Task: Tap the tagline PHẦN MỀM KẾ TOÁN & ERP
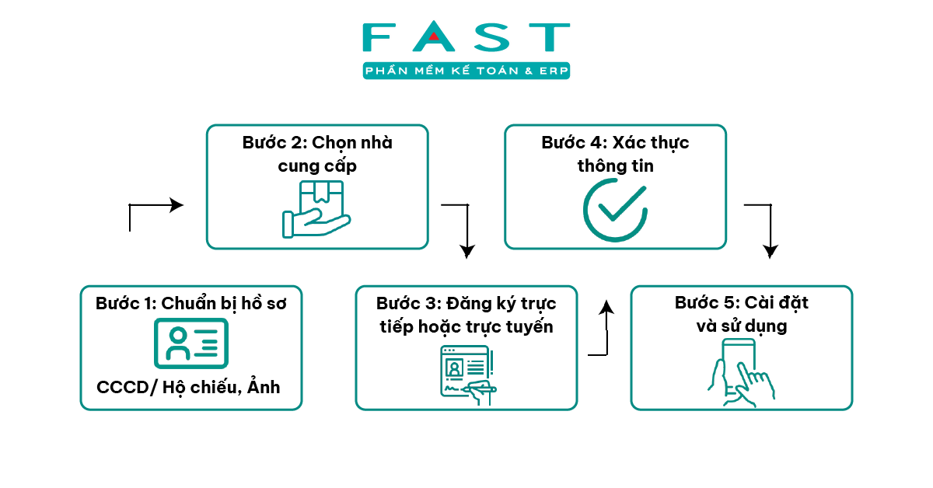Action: [466, 71]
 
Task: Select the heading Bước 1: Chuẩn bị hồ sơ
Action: [191, 303]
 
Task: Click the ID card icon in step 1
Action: [191, 343]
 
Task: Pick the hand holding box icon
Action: [316, 209]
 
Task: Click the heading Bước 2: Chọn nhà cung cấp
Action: [317, 154]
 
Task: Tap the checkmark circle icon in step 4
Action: [615, 210]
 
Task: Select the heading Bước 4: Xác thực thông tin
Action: [615, 154]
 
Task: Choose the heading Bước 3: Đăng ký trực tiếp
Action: [466, 314]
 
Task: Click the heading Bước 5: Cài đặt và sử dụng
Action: [741, 314]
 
